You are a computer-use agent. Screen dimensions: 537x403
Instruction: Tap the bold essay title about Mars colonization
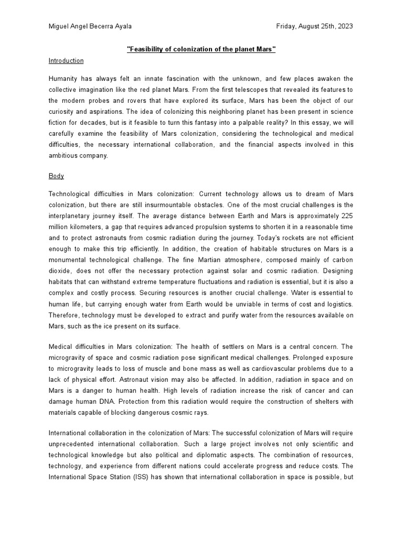[x=201, y=49]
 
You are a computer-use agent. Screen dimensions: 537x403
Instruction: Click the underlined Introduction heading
[x=66, y=61]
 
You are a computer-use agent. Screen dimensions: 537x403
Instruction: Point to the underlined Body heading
[x=56, y=176]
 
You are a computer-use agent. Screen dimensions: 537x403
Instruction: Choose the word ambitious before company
[x=64, y=156]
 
